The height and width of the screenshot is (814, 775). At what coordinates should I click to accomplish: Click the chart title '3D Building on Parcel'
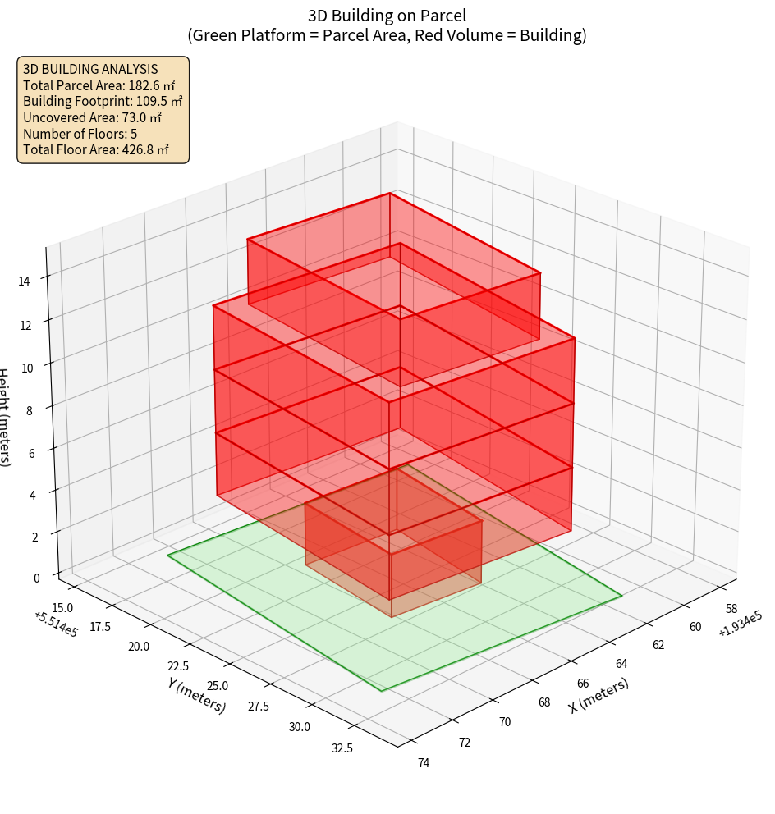coord(387,15)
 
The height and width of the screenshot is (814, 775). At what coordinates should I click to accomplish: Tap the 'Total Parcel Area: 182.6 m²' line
coord(99,85)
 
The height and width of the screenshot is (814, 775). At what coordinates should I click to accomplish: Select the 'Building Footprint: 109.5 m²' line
coord(103,101)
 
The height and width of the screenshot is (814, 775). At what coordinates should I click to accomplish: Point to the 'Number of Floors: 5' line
coord(80,134)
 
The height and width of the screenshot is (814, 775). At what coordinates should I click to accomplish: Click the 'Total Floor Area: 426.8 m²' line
coord(96,149)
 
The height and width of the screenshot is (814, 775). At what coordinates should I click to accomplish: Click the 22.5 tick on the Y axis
coord(177,665)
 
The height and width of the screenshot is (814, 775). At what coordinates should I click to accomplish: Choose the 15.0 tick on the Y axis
coord(62,607)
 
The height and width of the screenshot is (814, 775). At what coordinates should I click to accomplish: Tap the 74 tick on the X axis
coord(424,763)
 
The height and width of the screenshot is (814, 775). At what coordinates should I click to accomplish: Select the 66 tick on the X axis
coord(584,684)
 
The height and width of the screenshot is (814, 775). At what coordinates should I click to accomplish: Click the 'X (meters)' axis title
coord(599,696)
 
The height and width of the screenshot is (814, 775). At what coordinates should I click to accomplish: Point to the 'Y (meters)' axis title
coord(197,694)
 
